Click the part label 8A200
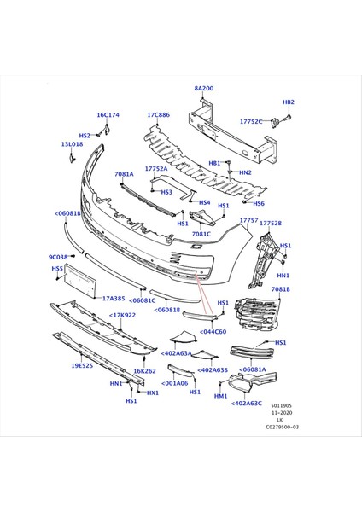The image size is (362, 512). [x=203, y=89]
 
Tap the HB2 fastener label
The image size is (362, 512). [x=289, y=102]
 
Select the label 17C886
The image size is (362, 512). [x=159, y=115]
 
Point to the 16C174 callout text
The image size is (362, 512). [x=108, y=115]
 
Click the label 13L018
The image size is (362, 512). [x=73, y=144]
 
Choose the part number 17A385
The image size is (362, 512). [x=114, y=299]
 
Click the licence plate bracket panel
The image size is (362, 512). [x=79, y=281]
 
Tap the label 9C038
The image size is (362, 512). [x=58, y=258]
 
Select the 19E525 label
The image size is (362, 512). [x=82, y=366]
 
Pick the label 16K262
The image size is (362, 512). [x=145, y=371]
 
